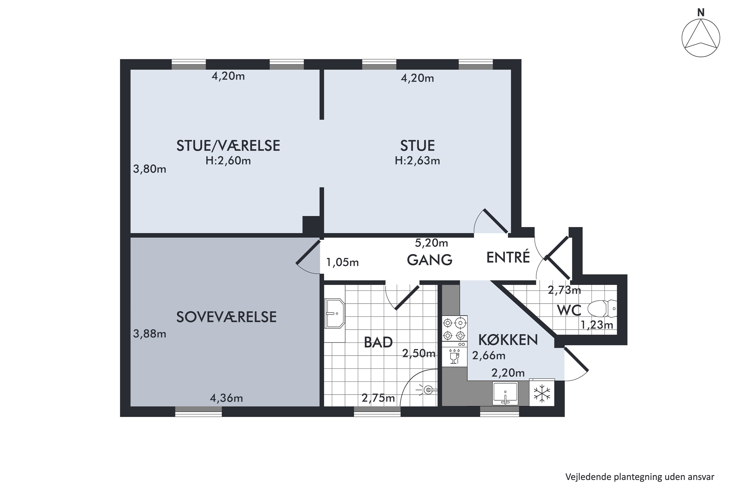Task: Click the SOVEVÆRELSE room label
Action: (226, 317)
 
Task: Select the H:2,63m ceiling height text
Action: (417, 161)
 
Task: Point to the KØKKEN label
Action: (508, 340)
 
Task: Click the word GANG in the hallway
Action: (430, 260)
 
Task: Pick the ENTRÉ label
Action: (508, 257)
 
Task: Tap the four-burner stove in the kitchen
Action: (455, 328)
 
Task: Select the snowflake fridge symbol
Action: (542, 393)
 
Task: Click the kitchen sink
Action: (505, 393)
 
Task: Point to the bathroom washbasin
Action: (335, 313)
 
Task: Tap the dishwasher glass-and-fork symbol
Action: (454, 357)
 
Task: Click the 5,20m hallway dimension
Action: (431, 243)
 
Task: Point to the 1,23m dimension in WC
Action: (597, 325)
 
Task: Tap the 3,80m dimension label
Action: (149, 169)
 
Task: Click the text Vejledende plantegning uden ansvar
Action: (639, 477)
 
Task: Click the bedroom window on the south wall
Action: (199, 412)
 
